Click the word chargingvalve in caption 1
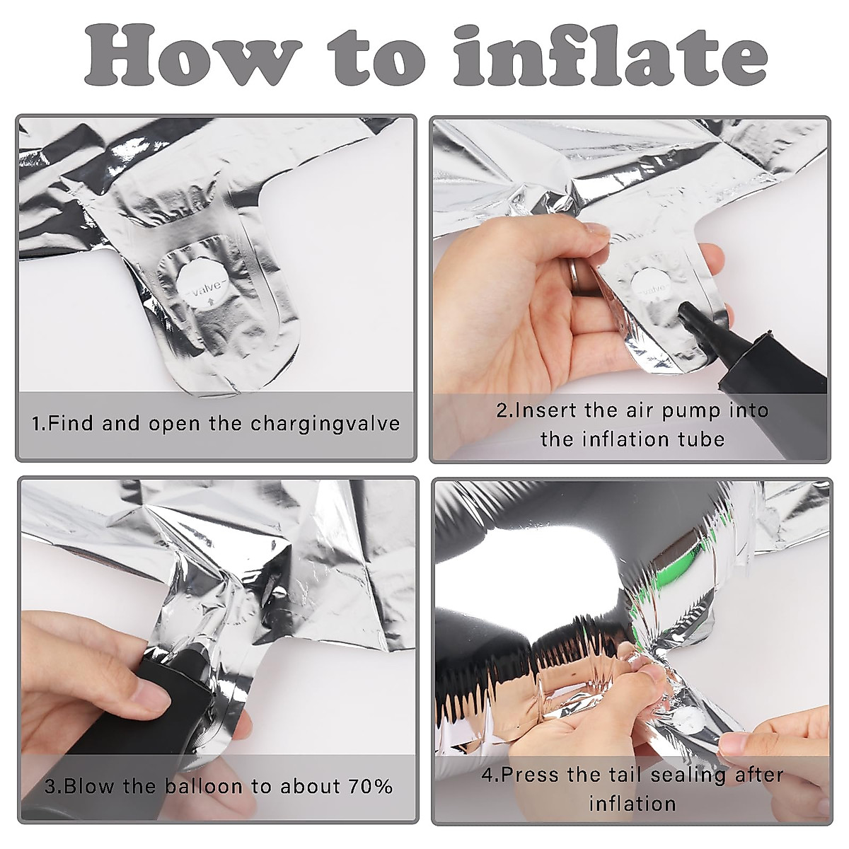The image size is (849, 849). (x=325, y=424)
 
